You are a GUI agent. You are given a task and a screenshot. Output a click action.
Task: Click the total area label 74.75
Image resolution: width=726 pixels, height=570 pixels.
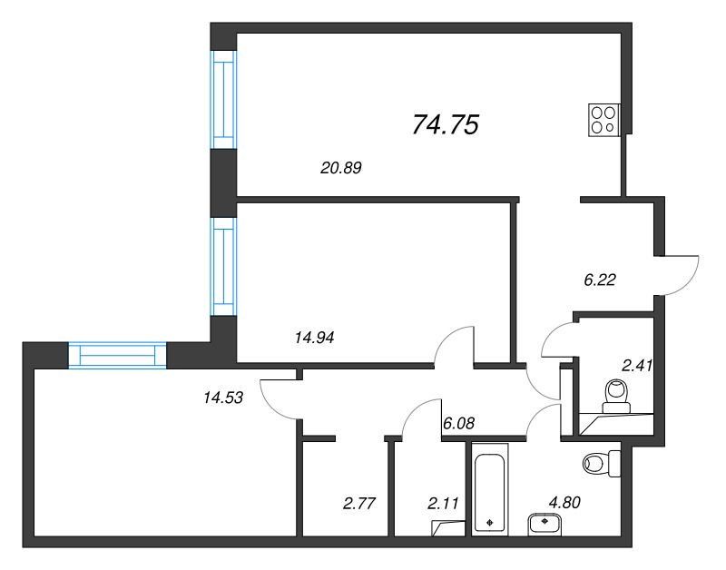(445, 125)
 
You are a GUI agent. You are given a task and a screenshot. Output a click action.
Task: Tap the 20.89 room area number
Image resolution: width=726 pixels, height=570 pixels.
(341, 168)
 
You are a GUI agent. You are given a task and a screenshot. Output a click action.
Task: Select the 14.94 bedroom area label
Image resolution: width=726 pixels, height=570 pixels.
(314, 338)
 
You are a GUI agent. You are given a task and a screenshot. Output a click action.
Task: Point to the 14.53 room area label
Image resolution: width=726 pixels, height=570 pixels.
(223, 398)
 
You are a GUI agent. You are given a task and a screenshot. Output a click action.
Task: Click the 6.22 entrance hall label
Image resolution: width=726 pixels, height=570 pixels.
(600, 280)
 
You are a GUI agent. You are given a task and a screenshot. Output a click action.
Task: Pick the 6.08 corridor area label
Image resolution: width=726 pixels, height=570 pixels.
(459, 423)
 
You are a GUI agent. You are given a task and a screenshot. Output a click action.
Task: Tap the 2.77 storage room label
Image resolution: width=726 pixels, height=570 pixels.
(358, 503)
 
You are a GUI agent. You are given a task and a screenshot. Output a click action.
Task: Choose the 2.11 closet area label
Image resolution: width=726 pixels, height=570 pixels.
(443, 503)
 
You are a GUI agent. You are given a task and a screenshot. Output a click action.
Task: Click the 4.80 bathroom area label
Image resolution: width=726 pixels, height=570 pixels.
(564, 503)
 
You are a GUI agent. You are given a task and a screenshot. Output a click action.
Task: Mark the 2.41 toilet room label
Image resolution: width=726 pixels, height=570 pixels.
(637, 366)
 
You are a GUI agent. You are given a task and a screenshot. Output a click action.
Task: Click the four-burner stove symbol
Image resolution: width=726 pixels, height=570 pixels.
(603, 120)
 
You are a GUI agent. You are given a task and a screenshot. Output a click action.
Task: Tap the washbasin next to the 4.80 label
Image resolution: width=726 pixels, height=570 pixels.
(544, 525)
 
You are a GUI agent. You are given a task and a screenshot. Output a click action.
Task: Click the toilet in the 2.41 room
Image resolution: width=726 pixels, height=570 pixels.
(616, 396)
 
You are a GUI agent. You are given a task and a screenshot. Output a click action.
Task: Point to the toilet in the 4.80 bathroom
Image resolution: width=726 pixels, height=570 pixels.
(602, 463)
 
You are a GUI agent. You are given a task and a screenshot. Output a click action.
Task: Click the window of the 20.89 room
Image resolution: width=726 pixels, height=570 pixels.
(223, 100)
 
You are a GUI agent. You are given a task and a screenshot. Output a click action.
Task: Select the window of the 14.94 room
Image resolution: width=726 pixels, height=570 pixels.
(223, 267)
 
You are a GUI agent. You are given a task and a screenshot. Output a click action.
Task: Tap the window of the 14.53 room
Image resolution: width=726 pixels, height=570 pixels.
(118, 355)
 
